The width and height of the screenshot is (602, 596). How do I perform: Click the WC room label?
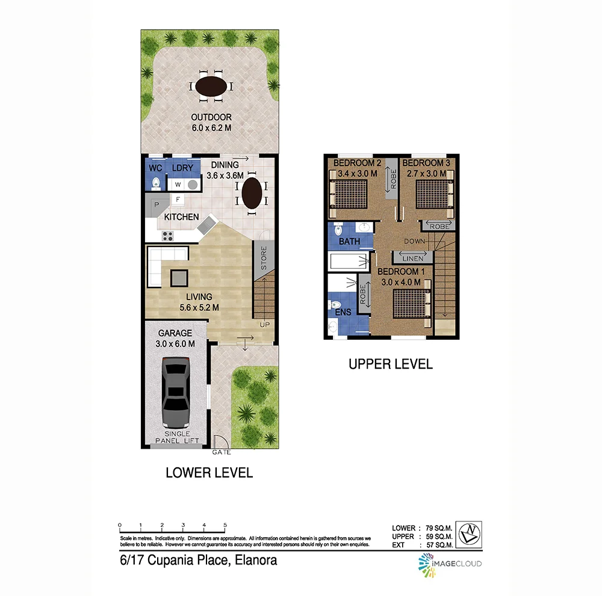(x=155, y=168)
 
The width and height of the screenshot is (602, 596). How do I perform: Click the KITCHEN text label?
(x=181, y=217)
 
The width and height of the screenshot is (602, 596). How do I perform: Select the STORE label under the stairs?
(x=263, y=256)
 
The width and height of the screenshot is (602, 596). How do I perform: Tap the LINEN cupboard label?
(x=413, y=258)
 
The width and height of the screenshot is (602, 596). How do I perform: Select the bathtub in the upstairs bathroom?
(x=350, y=261)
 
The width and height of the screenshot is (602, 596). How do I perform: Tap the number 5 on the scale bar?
(x=225, y=524)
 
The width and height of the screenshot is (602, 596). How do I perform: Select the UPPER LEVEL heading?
(x=391, y=364)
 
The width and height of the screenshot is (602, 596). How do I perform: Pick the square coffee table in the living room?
(x=179, y=277)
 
